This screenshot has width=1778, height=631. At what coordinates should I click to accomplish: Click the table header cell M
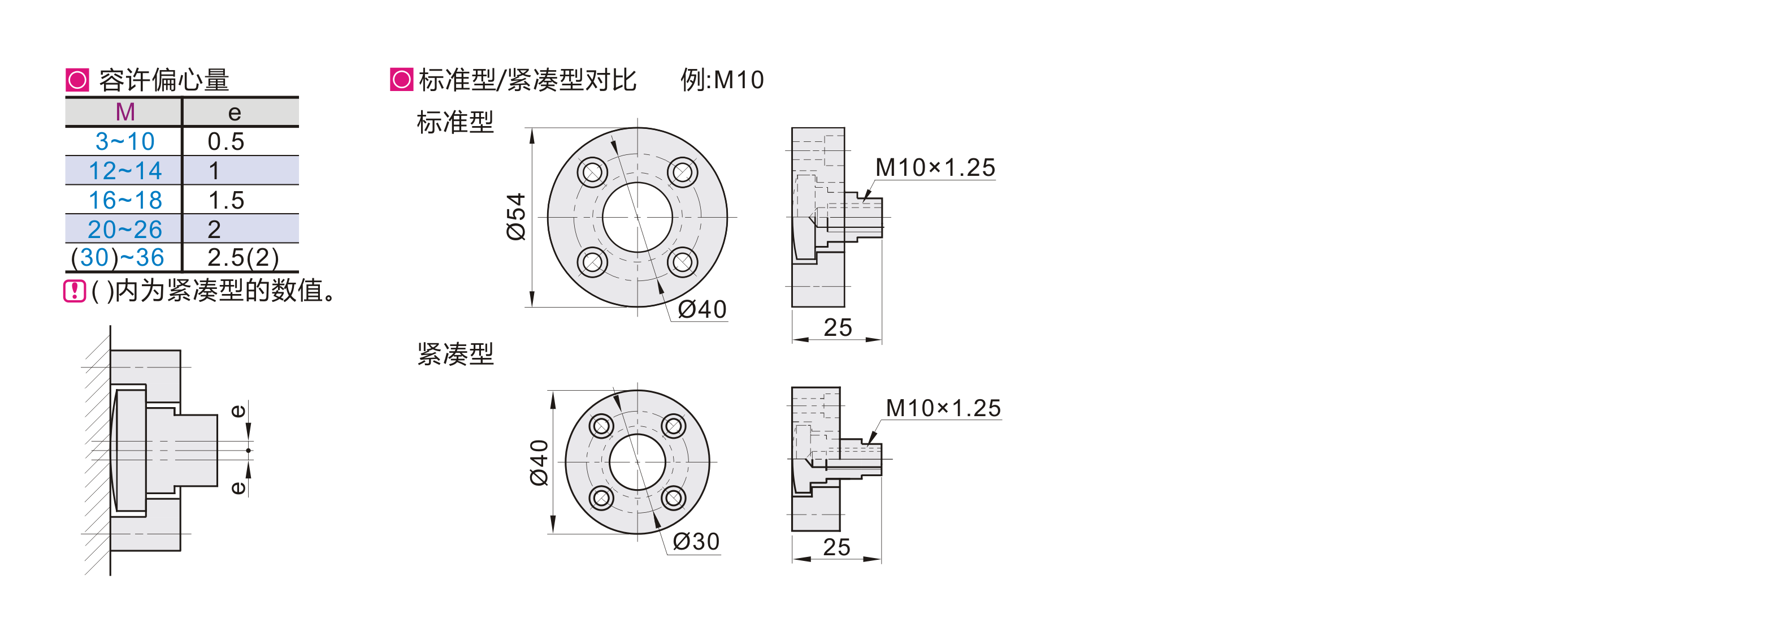[x=125, y=112]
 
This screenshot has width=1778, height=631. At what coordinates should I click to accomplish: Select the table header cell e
[x=235, y=112]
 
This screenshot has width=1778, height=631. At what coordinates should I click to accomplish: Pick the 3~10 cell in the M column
[x=125, y=141]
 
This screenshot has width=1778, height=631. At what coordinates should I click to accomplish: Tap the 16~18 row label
[x=125, y=200]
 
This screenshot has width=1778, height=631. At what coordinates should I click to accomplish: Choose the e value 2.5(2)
[x=243, y=257]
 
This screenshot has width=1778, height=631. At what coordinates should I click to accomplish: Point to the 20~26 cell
[x=125, y=229]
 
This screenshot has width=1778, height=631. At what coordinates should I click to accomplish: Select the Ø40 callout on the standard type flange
[x=702, y=309]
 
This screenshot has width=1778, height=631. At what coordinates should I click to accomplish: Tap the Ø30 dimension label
[x=696, y=542]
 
